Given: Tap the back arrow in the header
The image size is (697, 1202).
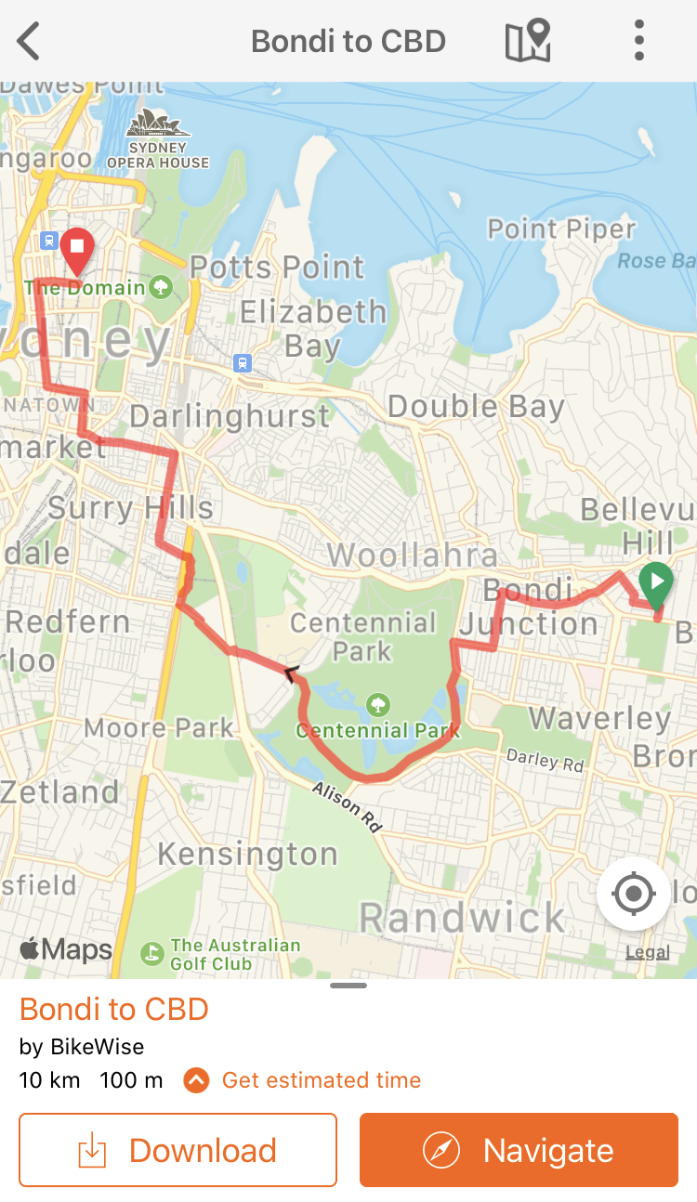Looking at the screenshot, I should pos(29,42).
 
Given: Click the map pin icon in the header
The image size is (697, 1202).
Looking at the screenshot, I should pos(528,42).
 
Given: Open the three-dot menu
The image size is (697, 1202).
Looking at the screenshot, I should pos(638,42).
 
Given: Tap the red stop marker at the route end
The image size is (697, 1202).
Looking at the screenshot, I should pos(77,248).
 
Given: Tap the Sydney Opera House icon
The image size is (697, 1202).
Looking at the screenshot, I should pos(158,124).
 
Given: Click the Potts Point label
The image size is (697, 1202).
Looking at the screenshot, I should pos(277,268).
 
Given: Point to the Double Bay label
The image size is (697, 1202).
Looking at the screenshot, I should pos(476,407).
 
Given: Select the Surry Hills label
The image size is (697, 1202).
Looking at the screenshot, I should pos(131,508).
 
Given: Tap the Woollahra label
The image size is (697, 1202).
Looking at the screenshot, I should pos(413,555).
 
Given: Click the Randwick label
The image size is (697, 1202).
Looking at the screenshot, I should pos(462,918).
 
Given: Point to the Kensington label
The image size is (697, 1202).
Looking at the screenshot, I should pos(247,854).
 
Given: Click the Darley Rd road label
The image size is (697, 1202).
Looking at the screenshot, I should pos(546,760).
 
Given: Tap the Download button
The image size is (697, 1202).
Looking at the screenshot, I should pos(178,1150).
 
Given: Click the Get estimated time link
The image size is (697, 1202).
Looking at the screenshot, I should pos(321,1080).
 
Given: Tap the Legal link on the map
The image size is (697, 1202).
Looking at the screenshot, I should pos(647,952).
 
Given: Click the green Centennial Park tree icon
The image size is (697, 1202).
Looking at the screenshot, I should pos(377,704).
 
